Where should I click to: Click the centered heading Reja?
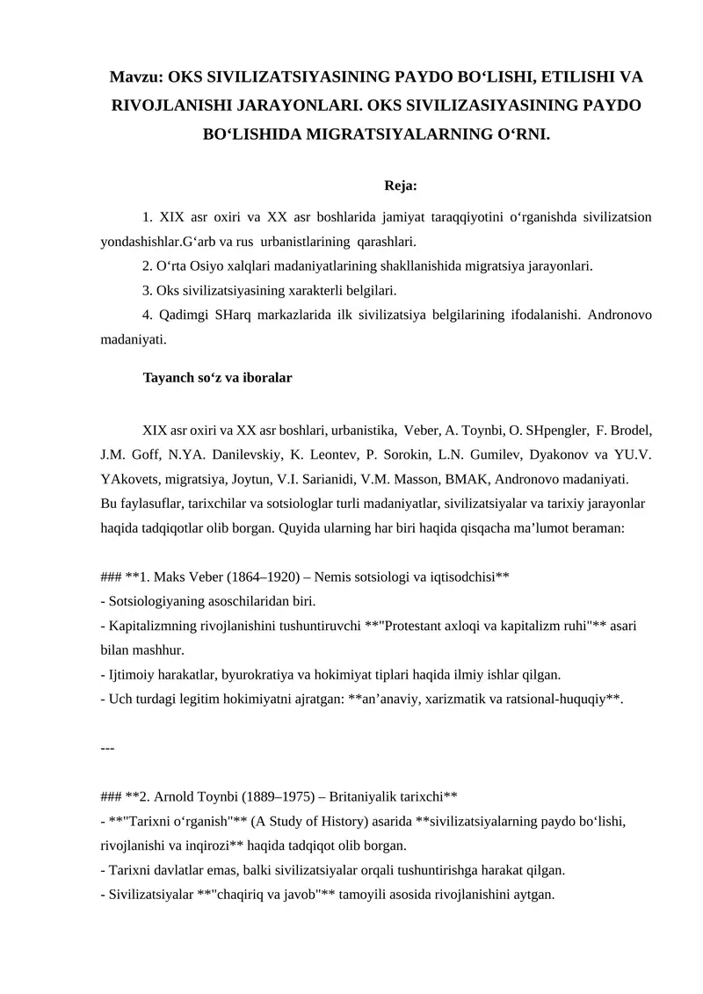click(x=401, y=185)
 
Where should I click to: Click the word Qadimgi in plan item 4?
click(x=187, y=314)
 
